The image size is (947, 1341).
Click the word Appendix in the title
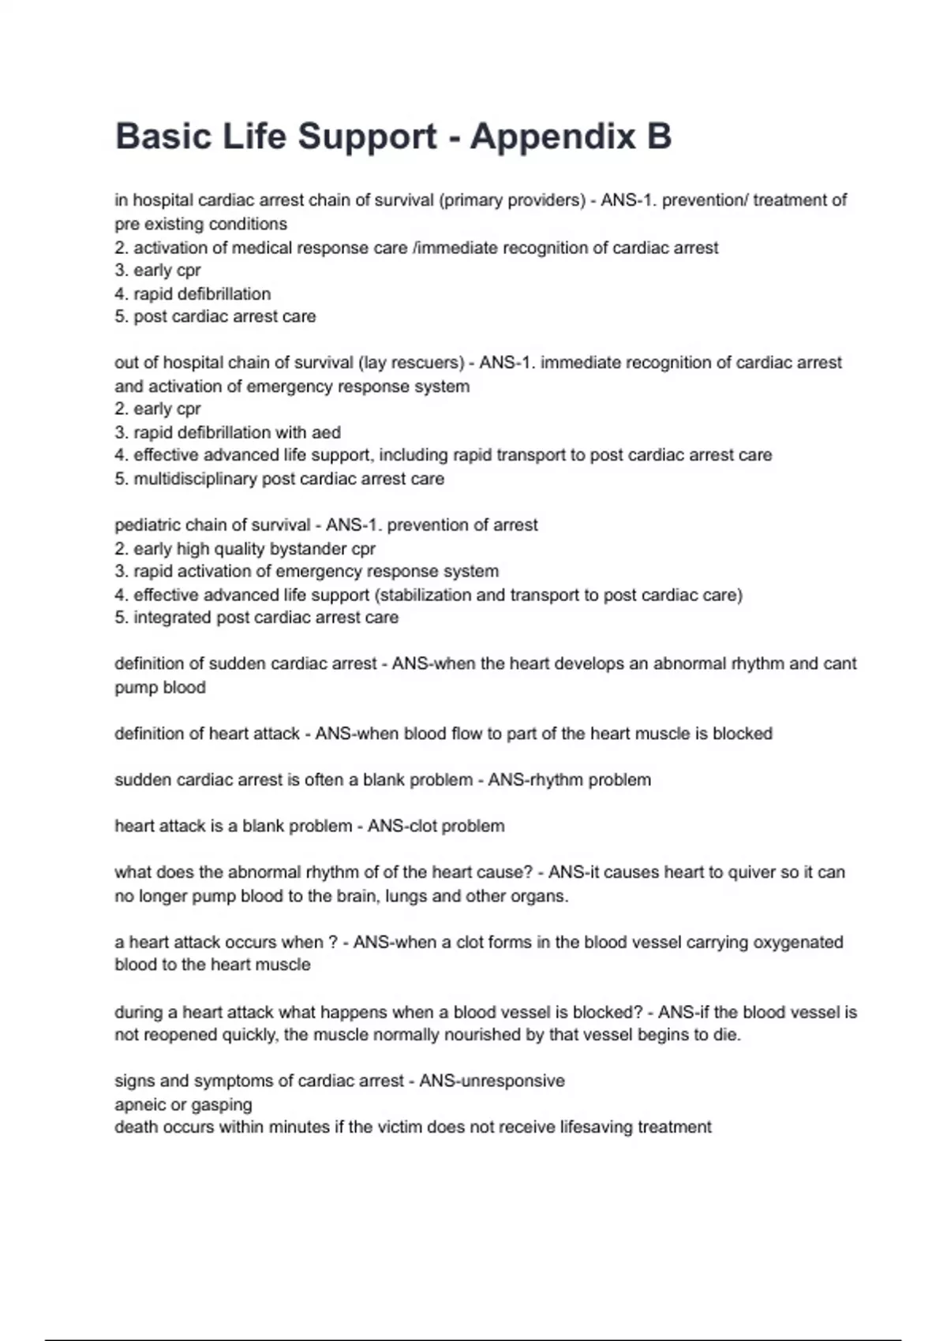(x=552, y=136)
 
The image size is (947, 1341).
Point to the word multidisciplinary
(x=197, y=479)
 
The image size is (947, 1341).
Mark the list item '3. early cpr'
(x=158, y=271)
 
